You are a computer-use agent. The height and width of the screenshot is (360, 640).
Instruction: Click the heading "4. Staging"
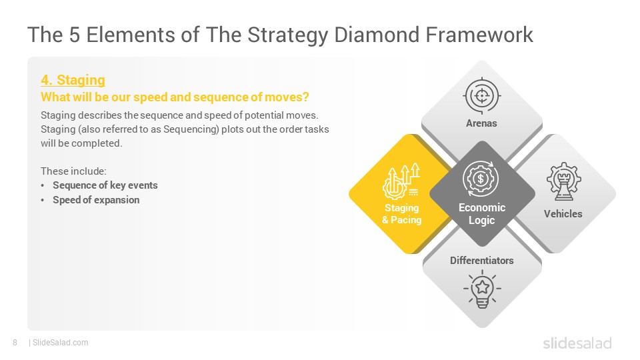tap(73, 80)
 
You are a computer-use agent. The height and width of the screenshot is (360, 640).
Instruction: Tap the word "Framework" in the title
tap(479, 34)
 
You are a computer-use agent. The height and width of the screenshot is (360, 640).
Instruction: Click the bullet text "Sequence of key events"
tap(105, 185)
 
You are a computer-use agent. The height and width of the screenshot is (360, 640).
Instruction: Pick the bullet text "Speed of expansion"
tap(96, 200)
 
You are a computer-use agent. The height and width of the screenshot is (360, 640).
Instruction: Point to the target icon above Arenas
tap(481, 96)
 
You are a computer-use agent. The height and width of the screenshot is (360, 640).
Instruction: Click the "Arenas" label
tap(481, 123)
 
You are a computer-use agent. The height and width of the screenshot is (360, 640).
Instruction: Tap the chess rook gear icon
tap(564, 181)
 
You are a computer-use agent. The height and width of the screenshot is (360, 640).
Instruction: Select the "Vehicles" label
tap(563, 214)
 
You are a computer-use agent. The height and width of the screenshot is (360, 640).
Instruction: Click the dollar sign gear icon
tap(481, 179)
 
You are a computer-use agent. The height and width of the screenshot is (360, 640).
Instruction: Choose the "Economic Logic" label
tap(481, 214)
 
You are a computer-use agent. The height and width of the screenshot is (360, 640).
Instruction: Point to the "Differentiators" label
tap(481, 261)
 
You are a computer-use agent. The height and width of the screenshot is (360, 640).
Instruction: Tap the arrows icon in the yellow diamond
tap(401, 181)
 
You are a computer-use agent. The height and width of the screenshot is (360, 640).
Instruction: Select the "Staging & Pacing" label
tap(401, 214)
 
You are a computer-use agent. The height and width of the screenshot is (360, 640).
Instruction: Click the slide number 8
tap(15, 343)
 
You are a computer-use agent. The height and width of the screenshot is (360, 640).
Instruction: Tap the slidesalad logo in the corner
tap(577, 343)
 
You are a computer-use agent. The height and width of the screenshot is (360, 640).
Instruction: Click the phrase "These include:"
tap(73, 171)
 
